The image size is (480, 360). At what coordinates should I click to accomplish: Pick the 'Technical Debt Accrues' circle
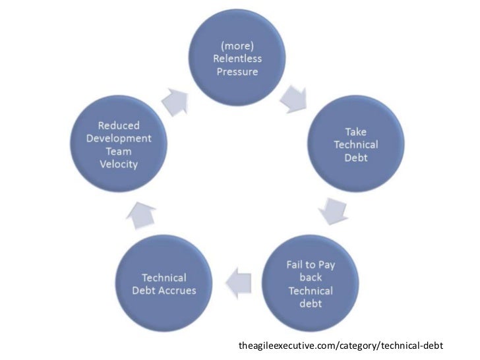pos(164,284)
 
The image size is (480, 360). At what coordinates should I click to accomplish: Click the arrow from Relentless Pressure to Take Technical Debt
pos(290,100)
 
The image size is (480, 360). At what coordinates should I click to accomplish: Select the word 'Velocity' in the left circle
pos(118,164)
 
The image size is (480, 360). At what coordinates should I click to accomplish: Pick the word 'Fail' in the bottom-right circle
pos(294,264)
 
